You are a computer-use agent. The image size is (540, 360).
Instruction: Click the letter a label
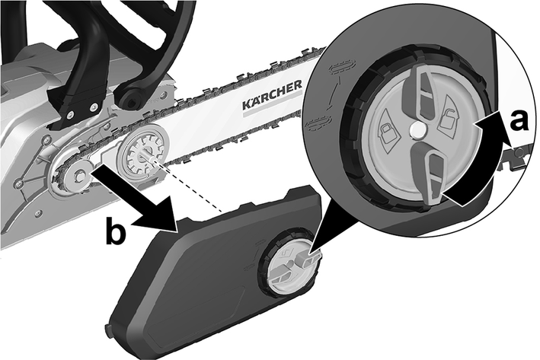click(518, 121)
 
